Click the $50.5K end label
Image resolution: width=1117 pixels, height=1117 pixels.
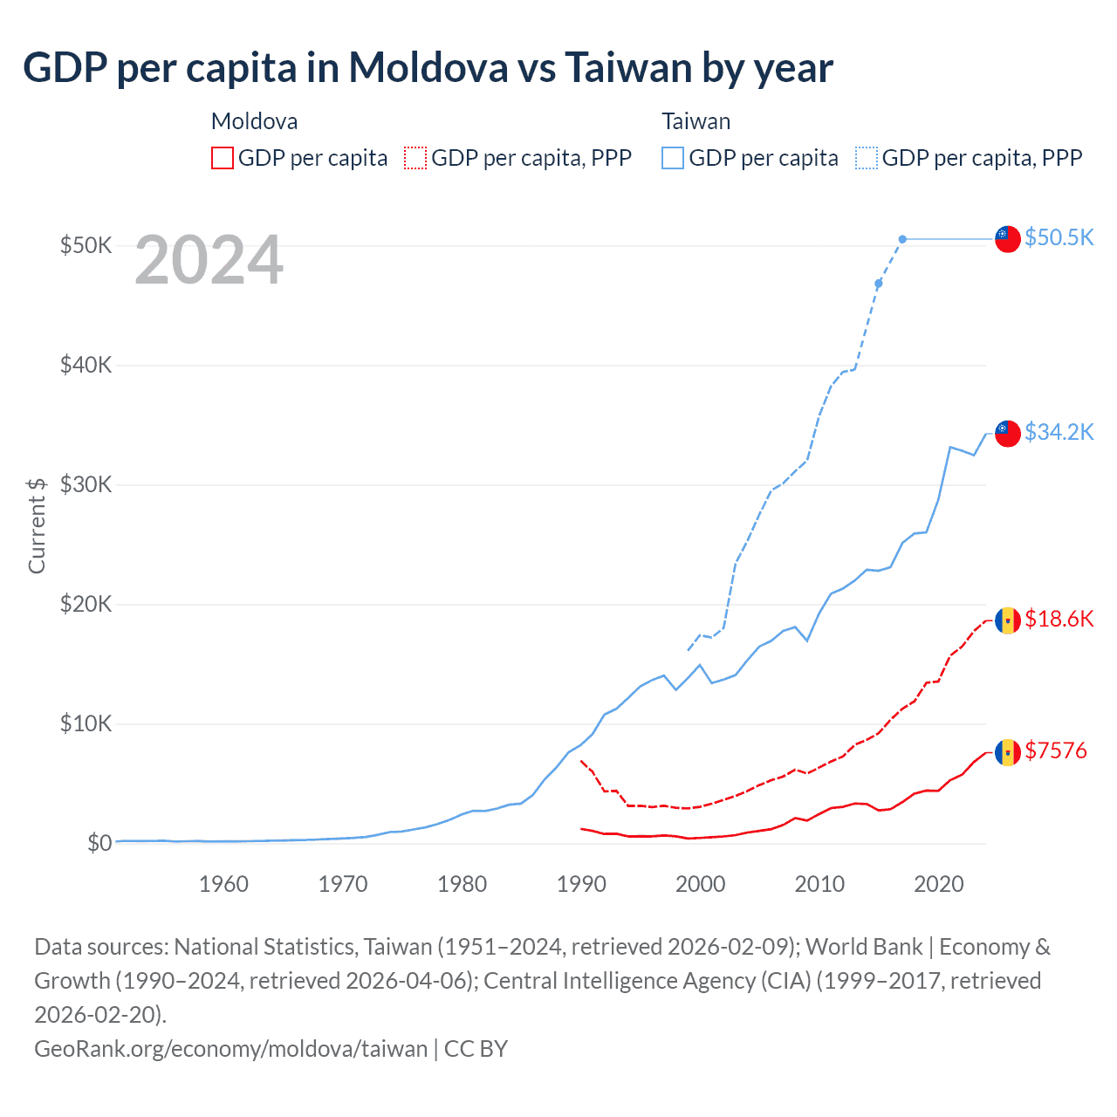(1059, 237)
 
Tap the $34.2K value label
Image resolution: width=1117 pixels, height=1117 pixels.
(1059, 432)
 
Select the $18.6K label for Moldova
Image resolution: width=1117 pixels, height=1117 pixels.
(1059, 619)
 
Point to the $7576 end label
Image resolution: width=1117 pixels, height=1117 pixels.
(1056, 750)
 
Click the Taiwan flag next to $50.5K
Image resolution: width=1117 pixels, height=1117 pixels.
(1008, 238)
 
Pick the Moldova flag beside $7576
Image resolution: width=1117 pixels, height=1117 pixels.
(1008, 751)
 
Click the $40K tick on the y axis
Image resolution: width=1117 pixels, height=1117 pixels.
(86, 365)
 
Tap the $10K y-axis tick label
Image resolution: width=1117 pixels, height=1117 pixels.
(86, 723)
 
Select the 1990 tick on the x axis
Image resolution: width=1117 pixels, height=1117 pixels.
(581, 884)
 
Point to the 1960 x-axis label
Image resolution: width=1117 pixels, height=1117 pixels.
(223, 884)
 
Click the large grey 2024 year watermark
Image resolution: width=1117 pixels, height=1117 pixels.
(209, 260)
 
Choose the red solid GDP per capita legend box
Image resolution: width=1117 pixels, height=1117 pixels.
(223, 158)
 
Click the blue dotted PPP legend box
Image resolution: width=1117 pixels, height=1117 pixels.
(867, 158)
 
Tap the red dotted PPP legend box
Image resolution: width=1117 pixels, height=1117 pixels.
(415, 158)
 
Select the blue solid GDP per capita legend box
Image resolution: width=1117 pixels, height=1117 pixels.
(673, 158)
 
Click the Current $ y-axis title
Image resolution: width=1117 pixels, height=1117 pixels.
(37, 525)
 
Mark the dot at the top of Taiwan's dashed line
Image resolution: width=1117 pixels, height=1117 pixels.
(902, 239)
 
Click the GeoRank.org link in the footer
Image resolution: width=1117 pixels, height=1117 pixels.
(230, 1048)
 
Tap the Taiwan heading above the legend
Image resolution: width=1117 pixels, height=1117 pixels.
(696, 121)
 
